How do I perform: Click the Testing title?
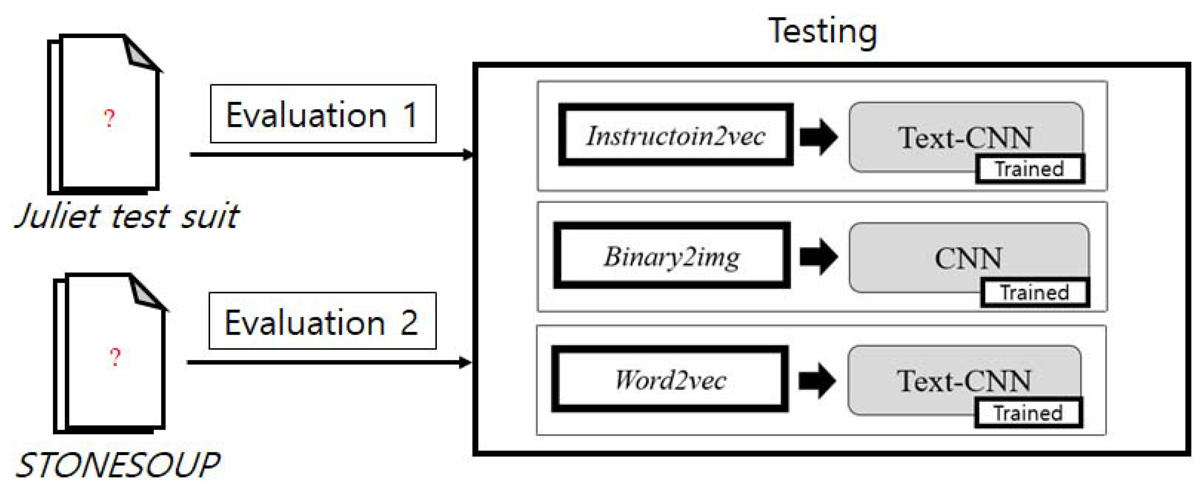click(x=822, y=31)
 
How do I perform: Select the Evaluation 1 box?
click(x=323, y=114)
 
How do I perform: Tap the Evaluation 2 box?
click(x=322, y=321)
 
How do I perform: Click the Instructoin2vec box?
click(x=675, y=135)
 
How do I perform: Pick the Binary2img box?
click(x=671, y=255)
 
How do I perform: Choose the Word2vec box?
click(x=670, y=379)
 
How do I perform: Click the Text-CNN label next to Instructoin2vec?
click(x=965, y=138)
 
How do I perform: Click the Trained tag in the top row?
click(x=1029, y=169)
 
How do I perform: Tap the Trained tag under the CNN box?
click(x=1034, y=292)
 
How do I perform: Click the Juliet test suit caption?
click(x=126, y=216)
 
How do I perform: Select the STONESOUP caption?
click(x=118, y=465)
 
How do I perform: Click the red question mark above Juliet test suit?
click(x=110, y=118)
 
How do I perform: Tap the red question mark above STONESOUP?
click(x=115, y=356)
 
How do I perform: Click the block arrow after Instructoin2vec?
click(x=818, y=137)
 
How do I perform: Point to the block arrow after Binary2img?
click(x=818, y=256)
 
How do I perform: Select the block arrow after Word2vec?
click(x=817, y=380)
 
